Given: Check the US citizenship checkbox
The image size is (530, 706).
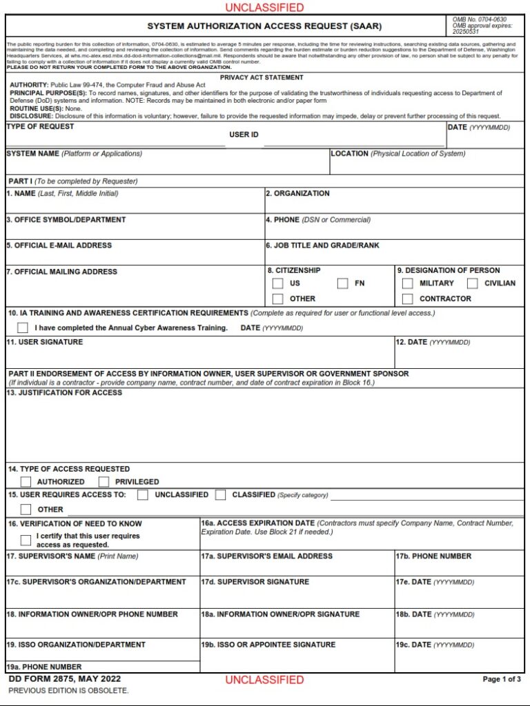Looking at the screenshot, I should (277, 283).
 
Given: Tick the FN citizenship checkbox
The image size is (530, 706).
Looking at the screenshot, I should (342, 283).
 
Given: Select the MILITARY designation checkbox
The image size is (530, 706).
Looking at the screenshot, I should (408, 283).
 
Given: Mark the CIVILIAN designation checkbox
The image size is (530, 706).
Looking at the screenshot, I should (473, 283).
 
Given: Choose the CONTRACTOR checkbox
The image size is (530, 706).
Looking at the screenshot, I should (408, 299).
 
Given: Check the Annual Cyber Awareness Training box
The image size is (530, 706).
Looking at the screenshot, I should (23, 327).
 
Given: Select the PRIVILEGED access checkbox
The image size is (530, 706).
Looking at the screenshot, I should (104, 482).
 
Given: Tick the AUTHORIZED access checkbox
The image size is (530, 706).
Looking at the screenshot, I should (26, 482).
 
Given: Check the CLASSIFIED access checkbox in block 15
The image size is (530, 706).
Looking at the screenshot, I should (221, 495).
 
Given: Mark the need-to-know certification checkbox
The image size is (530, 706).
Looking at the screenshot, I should (26, 541).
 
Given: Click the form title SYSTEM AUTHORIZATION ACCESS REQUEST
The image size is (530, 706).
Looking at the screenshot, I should (264, 26).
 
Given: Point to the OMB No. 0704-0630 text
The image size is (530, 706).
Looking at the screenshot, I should (479, 19).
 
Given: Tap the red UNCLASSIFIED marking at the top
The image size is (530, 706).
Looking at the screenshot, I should (264, 8).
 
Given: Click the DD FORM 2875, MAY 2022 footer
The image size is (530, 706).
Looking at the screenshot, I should (55, 679).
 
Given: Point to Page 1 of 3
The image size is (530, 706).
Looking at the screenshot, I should (502, 679).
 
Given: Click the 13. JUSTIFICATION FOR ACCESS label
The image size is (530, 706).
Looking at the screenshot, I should (65, 393).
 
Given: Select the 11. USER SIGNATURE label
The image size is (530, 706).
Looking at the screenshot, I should (45, 342).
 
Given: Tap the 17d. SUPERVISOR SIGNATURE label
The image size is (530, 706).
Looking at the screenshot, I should (255, 582).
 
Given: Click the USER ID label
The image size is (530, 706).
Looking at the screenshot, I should (244, 134).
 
